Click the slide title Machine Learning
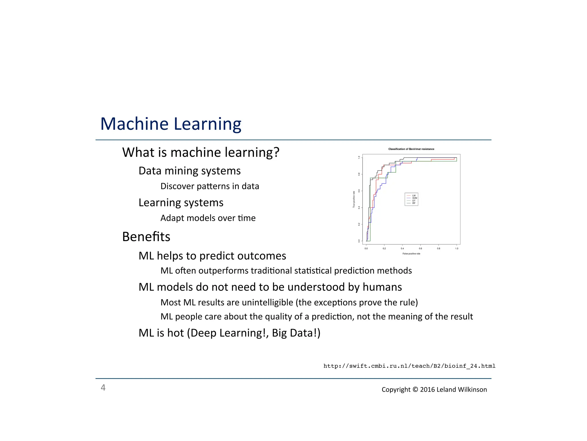tap(171, 124)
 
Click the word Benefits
tap(146, 237)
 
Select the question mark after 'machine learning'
tap(276, 152)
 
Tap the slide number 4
tap(103, 388)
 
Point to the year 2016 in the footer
tap(427, 390)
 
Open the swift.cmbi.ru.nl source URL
tap(409, 366)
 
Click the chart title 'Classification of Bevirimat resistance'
tap(411, 149)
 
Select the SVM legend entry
tap(414, 198)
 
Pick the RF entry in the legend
tap(414, 203)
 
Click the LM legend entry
tap(414, 196)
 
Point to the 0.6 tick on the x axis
tap(420, 249)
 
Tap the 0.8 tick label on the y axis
tap(359, 174)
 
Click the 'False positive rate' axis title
tap(411, 254)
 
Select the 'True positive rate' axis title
tap(354, 199)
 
